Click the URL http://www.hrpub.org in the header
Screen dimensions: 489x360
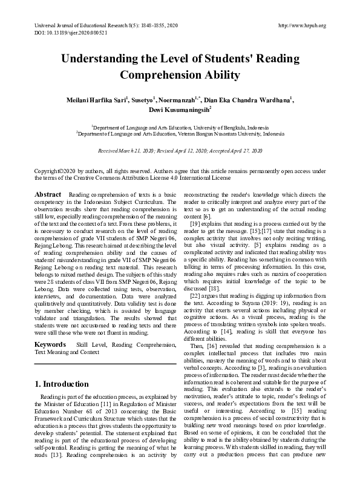click(x=301, y=25)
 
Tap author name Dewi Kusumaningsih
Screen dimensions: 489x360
click(x=179, y=111)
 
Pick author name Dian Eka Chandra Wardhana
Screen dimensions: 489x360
click(x=255, y=100)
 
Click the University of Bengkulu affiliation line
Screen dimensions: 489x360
click(x=180, y=128)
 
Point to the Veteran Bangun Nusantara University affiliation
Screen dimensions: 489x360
click(x=180, y=134)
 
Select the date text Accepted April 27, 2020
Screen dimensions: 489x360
click(x=234, y=150)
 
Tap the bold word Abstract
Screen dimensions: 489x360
click(x=48, y=194)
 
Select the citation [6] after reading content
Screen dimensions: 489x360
click(x=206, y=217)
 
